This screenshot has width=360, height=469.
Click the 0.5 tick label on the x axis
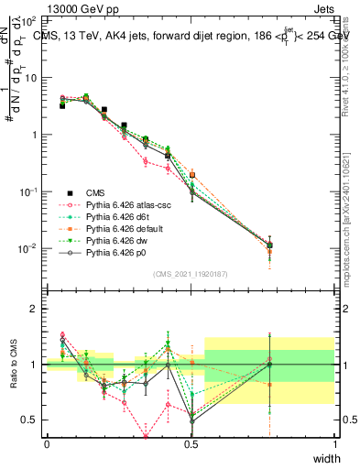(191, 444)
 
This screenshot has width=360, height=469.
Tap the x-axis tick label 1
(334, 444)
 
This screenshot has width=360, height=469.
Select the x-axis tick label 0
(47, 444)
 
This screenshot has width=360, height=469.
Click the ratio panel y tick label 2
(33, 310)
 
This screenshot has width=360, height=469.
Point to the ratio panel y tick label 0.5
(29, 420)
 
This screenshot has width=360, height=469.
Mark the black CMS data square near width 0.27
(124, 125)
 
